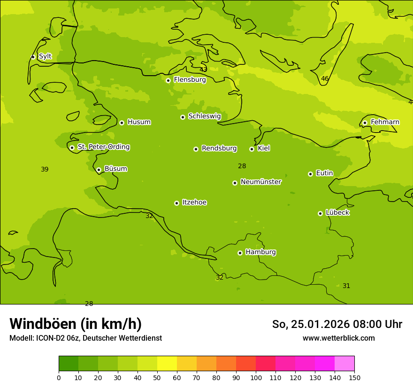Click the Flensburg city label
click(x=190, y=80)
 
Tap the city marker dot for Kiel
click(x=252, y=149)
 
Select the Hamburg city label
click(x=260, y=252)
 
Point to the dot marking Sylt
click(x=33, y=57)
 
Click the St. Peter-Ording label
click(x=103, y=147)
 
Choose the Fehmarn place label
click(x=385, y=122)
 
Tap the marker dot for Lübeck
click(x=320, y=213)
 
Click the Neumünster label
click(x=261, y=182)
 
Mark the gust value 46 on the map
click(x=325, y=79)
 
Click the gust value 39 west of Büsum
click(x=45, y=170)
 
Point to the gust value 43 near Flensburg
click(x=203, y=70)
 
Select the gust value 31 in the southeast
click(x=346, y=286)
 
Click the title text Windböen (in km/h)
click(x=76, y=324)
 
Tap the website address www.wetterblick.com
click(x=338, y=338)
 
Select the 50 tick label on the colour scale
click(x=157, y=378)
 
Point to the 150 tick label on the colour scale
click(x=354, y=378)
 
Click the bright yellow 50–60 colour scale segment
click(x=167, y=364)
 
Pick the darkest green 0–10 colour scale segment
click(x=69, y=364)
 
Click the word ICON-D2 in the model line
click(x=49, y=338)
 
